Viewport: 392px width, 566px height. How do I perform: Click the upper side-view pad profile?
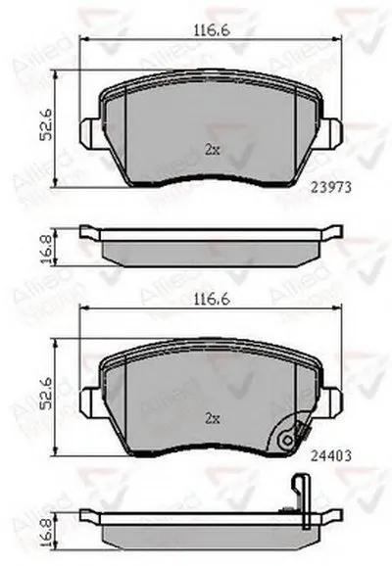(210, 245)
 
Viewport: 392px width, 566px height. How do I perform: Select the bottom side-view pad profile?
(210, 527)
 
